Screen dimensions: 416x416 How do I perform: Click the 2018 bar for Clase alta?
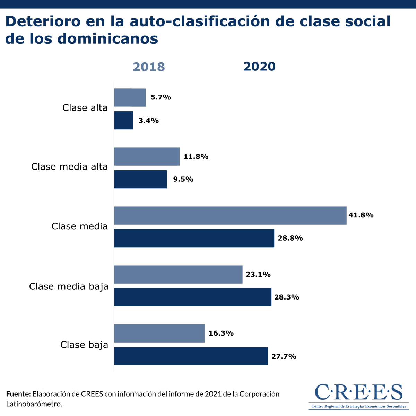[130, 97]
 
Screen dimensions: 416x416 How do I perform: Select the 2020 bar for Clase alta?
[123, 120]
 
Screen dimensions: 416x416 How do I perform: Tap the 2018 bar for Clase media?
[230, 215]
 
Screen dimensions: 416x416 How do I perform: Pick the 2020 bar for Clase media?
[194, 238]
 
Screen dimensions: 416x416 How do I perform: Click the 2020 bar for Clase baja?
[191, 356]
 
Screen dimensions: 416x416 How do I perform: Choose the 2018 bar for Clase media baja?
[178, 274]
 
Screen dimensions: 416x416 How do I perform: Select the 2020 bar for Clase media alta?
[140, 179]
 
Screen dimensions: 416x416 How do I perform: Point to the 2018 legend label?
[149, 67]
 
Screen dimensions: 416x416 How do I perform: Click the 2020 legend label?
[259, 66]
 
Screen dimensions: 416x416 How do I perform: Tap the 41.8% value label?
[361, 215]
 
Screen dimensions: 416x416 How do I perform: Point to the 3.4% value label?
[148, 121]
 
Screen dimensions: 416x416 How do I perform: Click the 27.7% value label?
[284, 356]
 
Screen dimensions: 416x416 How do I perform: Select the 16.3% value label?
[221, 333]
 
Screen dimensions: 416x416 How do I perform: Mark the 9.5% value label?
[183, 179]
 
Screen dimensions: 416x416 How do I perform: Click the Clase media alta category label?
[69, 167]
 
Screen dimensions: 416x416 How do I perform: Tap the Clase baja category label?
[84, 345]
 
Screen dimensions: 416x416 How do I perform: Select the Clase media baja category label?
[69, 287]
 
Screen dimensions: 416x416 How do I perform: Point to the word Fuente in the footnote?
[18, 394]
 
